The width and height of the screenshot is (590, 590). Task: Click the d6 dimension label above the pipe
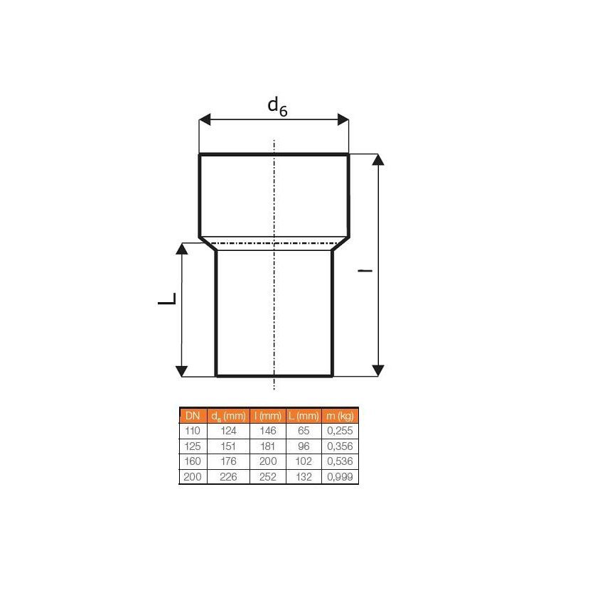pyautogui.click(x=277, y=107)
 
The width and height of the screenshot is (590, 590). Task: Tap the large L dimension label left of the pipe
pyautogui.click(x=167, y=299)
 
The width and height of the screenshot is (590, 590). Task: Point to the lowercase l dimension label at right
pyautogui.click(x=365, y=270)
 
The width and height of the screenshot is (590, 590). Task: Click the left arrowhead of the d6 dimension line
pyautogui.click(x=205, y=119)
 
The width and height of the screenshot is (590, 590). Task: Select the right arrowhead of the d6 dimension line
pyautogui.click(x=343, y=119)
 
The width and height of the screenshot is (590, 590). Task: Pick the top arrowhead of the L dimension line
pyautogui.click(x=182, y=248)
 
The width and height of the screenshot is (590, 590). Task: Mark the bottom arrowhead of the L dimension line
pyautogui.click(x=182, y=371)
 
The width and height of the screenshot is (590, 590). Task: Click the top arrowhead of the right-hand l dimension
pyautogui.click(x=378, y=159)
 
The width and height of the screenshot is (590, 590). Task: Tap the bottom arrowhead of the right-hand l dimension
pyautogui.click(x=378, y=370)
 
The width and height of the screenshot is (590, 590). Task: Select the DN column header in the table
pyautogui.click(x=193, y=416)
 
